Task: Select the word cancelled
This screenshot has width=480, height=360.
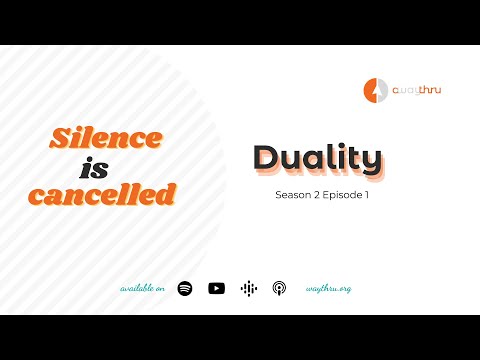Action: [x=102, y=195]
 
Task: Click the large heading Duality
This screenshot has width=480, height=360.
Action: [x=316, y=158]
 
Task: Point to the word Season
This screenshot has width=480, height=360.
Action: [x=294, y=195]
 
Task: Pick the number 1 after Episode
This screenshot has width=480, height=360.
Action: [x=367, y=195]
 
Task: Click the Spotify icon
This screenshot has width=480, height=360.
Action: [x=185, y=288]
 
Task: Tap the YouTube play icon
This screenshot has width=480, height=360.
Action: [x=216, y=288]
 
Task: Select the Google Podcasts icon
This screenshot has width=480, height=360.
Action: [x=248, y=288]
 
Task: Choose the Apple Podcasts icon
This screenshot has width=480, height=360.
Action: [x=280, y=288]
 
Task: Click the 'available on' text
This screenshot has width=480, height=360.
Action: [x=143, y=288]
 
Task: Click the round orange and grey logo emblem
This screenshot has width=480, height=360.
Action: [x=376, y=89]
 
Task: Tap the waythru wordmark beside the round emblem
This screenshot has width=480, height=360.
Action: [x=415, y=90]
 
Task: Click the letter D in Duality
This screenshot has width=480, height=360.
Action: [x=267, y=158]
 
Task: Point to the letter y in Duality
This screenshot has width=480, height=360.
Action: [x=371, y=161]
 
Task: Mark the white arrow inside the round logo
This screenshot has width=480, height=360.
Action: [x=377, y=89]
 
